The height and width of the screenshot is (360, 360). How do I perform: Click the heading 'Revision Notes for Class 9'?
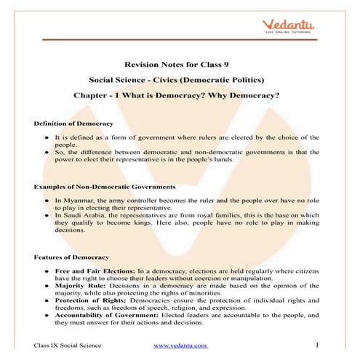click(179, 64)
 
